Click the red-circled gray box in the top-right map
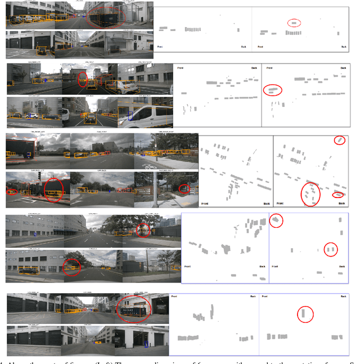point(294,23)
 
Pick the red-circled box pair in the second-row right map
point(273,89)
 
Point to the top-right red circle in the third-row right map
point(339,140)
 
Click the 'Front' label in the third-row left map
point(206,203)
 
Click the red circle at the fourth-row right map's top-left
point(276,221)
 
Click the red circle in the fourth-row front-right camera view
point(143,230)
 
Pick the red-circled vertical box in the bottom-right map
point(303,313)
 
